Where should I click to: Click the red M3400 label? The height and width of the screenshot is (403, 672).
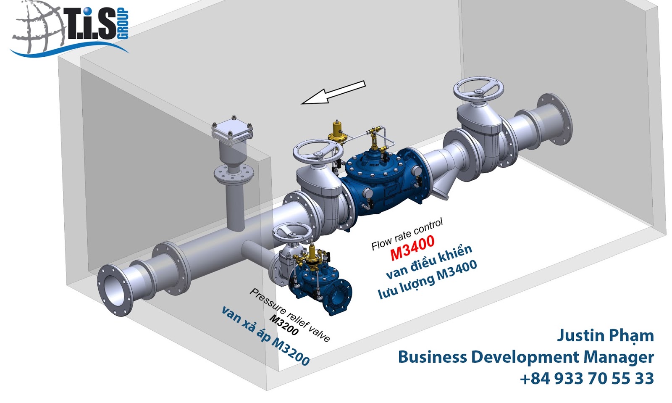click(412, 248)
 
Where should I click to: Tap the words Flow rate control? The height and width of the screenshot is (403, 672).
click(407, 234)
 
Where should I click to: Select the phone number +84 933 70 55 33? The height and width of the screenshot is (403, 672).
click(586, 378)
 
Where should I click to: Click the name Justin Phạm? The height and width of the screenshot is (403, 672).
click(605, 335)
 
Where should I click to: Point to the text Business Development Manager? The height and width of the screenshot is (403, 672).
click(525, 357)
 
